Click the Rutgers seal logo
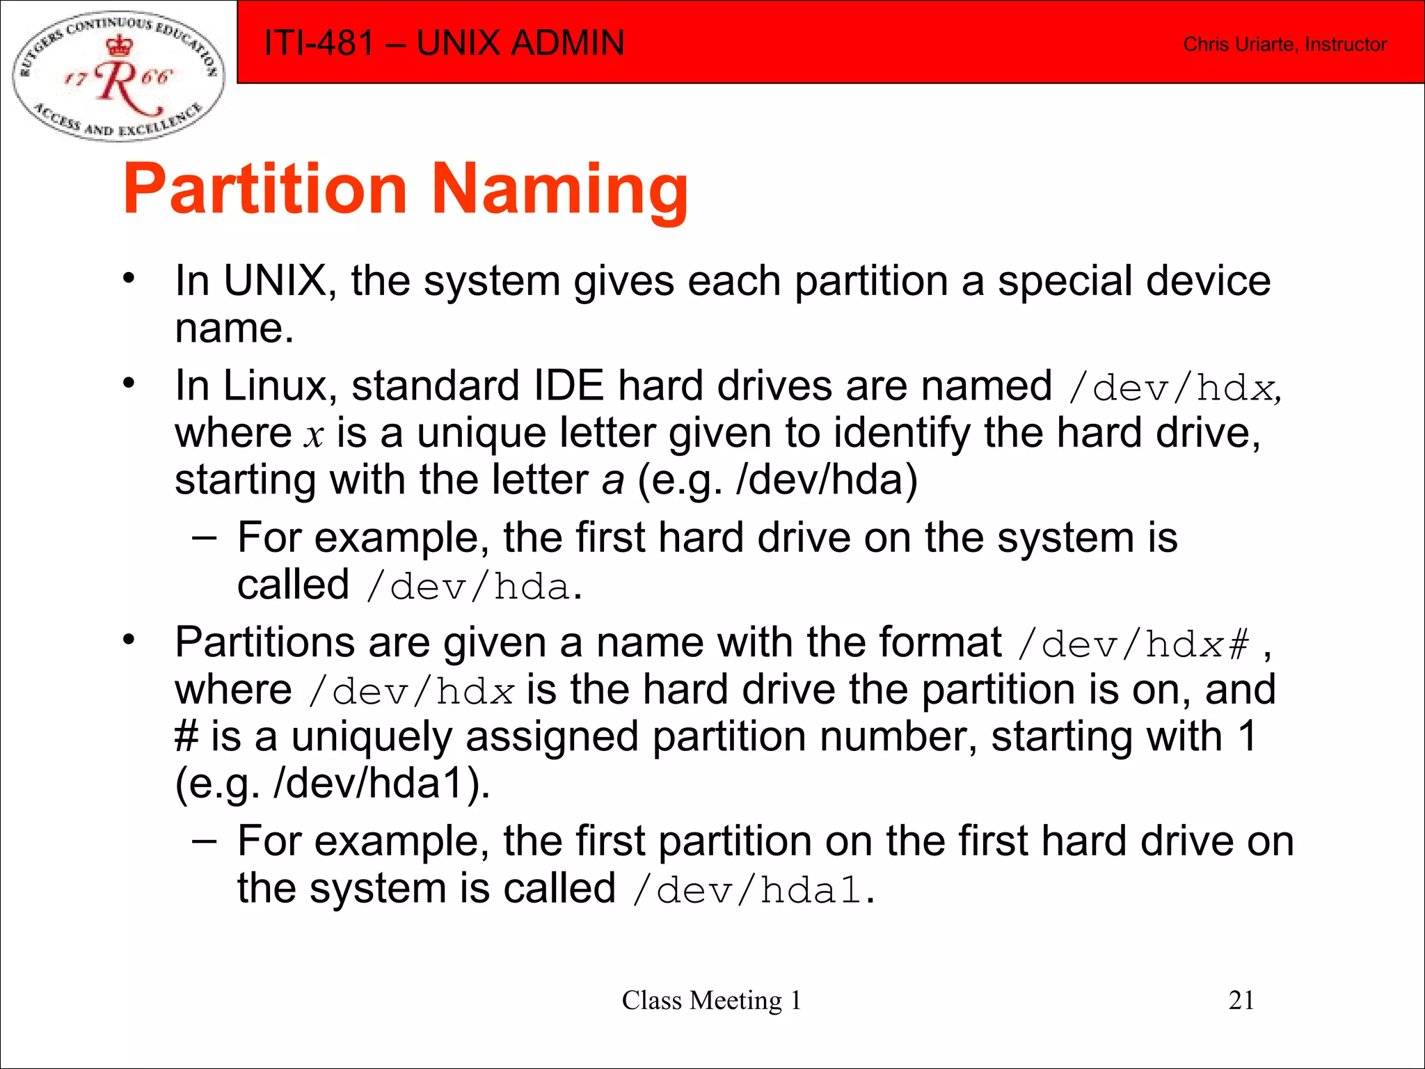119,74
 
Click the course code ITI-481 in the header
319,43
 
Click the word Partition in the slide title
265,190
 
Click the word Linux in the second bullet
273,386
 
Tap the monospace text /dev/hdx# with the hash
1133,644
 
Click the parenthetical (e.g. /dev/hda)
777,480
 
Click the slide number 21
1241,1000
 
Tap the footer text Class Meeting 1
711,1000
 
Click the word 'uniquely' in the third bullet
372,737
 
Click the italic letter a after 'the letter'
613,480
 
